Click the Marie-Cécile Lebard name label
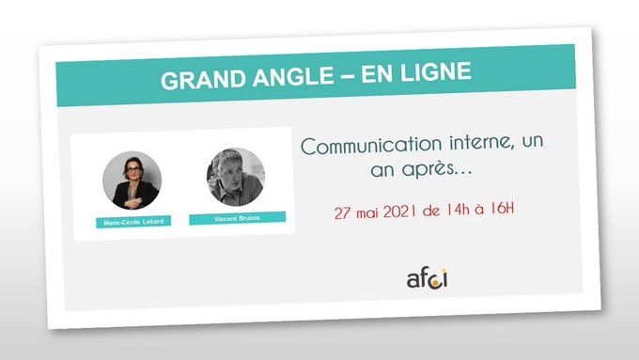click(x=132, y=223)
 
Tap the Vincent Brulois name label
click(x=237, y=218)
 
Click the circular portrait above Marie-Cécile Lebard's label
click(x=132, y=180)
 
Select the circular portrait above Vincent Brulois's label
click(x=236, y=176)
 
